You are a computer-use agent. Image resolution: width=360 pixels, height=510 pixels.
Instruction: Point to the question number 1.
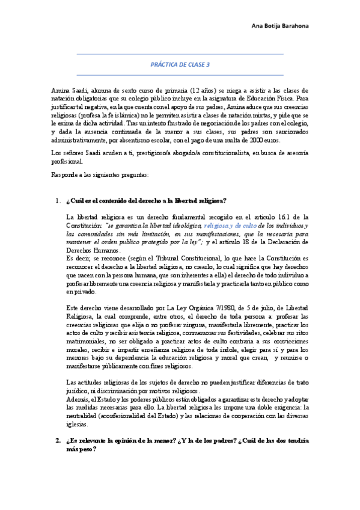[58, 200]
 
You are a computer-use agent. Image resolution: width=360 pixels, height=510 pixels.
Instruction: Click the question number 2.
[58, 441]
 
